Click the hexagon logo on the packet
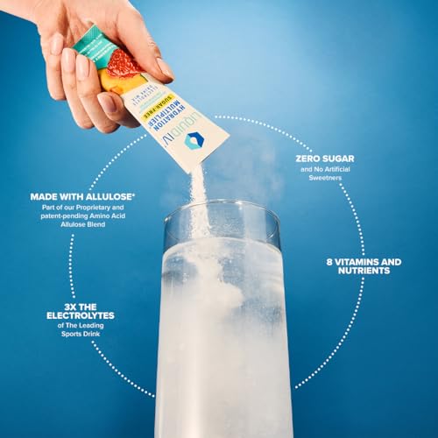point(194,140)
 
